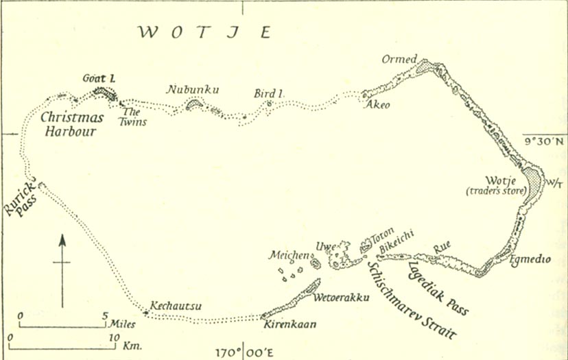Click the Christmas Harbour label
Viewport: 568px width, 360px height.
[71, 123]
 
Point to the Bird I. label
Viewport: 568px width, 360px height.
[268, 93]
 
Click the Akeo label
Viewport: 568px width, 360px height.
[377, 105]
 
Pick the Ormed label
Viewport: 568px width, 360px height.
[400, 60]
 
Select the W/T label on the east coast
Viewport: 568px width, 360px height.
[552, 182]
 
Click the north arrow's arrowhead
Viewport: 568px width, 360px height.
[62, 240]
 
